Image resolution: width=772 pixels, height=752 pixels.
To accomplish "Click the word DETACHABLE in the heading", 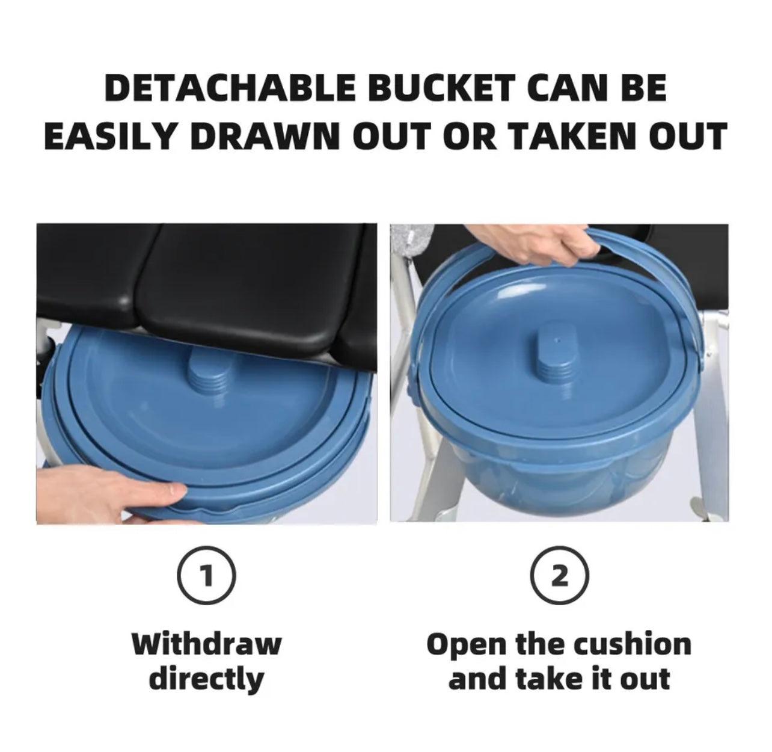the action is click(230, 88).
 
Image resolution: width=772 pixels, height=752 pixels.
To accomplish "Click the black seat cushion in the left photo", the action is click(206, 286).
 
